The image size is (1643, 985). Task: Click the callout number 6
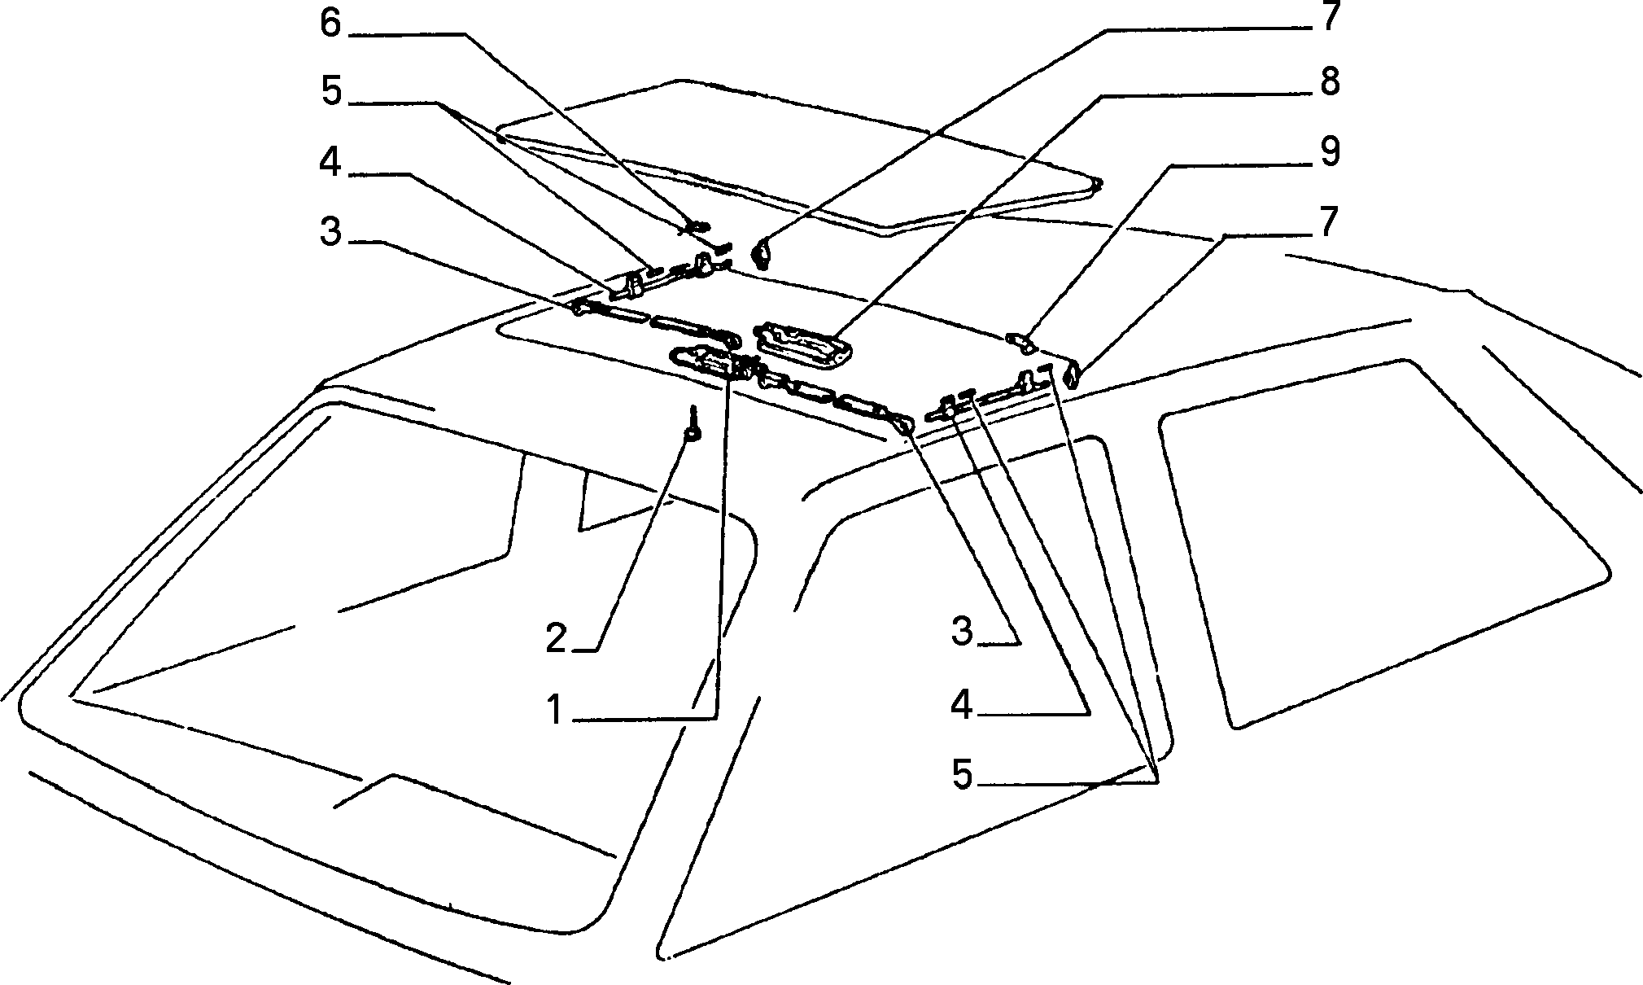330,24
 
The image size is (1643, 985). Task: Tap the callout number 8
1329,82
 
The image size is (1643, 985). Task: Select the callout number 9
1329,152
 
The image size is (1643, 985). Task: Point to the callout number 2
556,638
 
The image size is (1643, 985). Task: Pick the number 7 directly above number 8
1329,16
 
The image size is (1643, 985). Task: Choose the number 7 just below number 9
1329,222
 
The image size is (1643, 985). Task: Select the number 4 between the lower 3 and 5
963,704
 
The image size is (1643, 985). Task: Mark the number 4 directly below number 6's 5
330,163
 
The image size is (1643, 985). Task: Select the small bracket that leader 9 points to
1020,340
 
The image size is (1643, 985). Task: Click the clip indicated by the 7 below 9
1073,375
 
